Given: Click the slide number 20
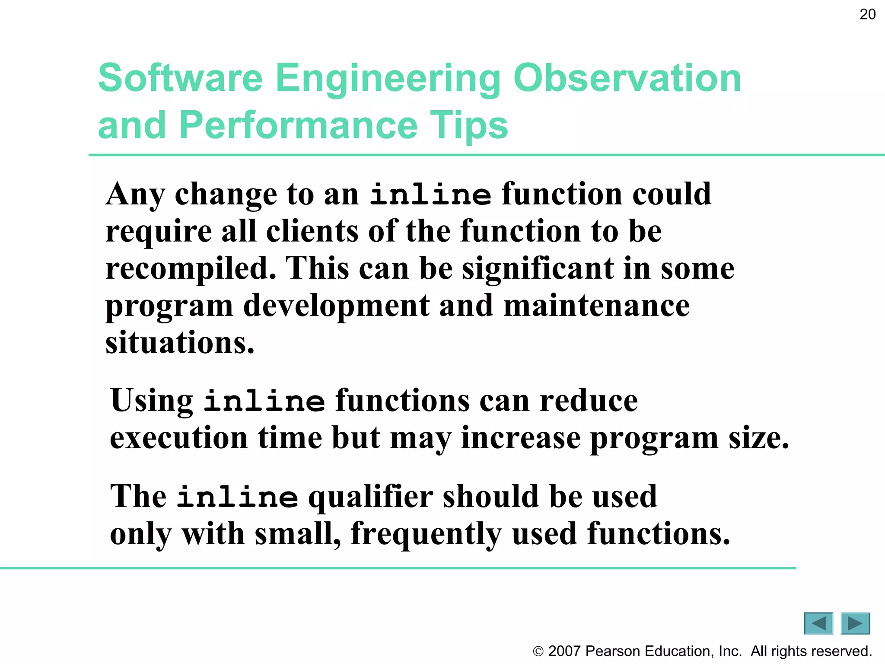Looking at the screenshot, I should [867, 15].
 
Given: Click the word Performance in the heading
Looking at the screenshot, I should [299, 125].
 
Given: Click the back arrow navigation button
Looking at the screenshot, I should [818, 623].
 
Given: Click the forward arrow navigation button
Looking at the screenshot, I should [855, 623].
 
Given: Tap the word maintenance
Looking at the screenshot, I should [596, 306].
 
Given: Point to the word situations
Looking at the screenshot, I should [180, 343].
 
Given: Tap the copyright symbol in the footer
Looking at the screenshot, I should [538, 651].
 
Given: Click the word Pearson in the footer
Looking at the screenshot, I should [613, 651].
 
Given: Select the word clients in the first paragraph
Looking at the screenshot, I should [312, 231].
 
